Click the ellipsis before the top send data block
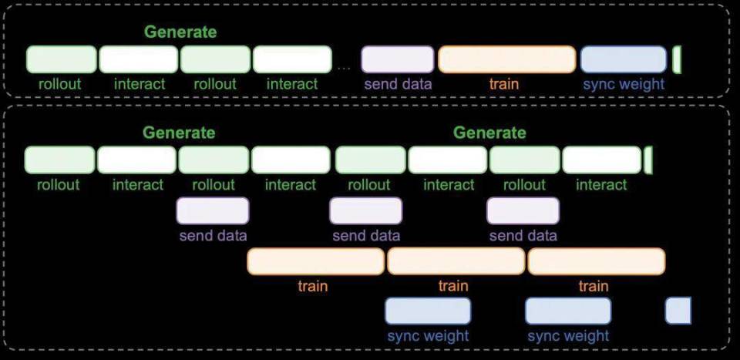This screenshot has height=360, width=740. coord(344,69)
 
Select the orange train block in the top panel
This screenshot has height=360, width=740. coord(507,59)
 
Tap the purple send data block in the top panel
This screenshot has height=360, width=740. coord(398,59)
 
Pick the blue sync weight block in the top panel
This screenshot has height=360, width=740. coord(624,59)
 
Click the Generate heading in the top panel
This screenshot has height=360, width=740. coord(180,32)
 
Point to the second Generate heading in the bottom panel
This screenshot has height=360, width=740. coord(489,133)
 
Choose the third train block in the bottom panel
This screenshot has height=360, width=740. coord(597,261)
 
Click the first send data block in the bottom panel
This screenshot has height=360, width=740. coord(213,210)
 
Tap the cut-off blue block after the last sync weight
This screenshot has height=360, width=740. coord(678,311)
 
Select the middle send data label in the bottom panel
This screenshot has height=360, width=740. coord(366,235)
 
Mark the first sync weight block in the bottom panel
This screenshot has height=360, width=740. coord(428,311)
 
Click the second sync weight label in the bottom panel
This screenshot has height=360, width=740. coord(568,336)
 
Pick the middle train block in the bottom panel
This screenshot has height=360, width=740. coord(456,261)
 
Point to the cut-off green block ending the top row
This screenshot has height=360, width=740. coord(677,59)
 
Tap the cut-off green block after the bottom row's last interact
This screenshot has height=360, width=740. coord(648,160)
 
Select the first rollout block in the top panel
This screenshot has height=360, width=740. coord(62,59)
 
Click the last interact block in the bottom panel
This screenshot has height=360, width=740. coord(602,160)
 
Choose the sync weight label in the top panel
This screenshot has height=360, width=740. coord(624,84)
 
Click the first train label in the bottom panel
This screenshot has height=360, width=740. coord(313,286)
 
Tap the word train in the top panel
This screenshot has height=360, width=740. coord(503,84)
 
